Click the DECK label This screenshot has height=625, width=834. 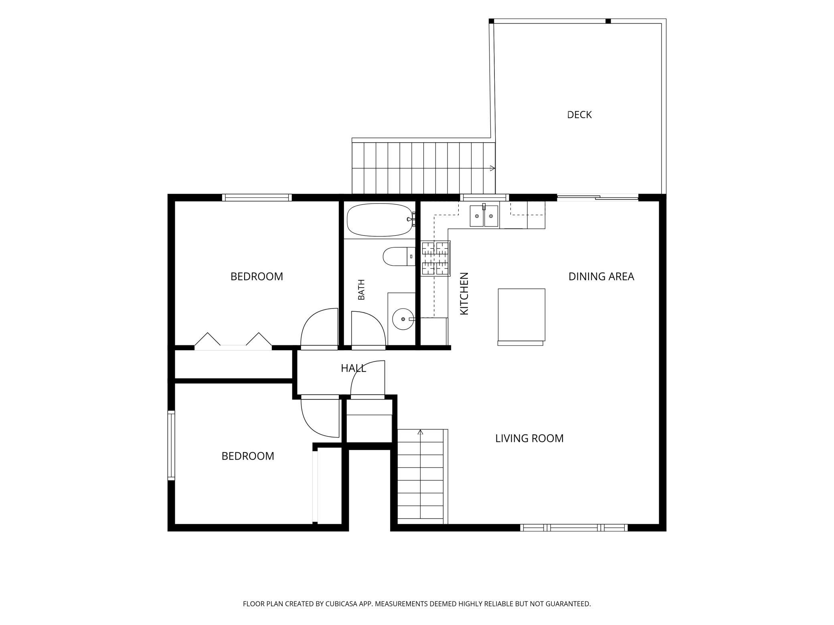point(579,115)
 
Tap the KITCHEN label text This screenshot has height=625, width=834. point(464,294)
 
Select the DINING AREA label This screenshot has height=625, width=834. point(601,276)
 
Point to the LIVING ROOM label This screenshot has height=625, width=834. point(529,438)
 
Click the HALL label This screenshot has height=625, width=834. point(353,368)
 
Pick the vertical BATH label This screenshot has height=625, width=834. point(361,290)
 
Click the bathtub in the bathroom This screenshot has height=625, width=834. point(380,220)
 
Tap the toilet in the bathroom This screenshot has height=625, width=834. point(399,256)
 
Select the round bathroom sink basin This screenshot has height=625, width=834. point(402,319)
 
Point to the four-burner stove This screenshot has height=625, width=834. point(435,258)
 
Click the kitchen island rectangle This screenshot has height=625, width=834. point(521,315)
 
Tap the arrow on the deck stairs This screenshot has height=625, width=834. point(492,168)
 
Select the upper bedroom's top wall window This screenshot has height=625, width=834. point(257,197)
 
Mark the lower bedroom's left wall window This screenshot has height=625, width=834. point(171,445)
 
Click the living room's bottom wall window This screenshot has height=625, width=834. point(574,528)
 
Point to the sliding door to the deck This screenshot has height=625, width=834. point(597,197)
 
